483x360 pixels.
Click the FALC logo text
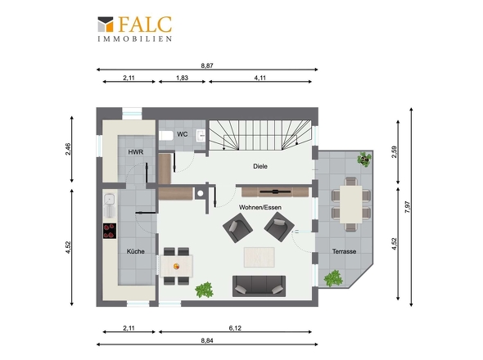pos(145,25)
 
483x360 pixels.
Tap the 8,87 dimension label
pos(207,65)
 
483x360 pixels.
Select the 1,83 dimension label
pos(182,78)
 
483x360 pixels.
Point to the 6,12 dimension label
pos(235,328)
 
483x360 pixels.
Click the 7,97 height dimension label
pos(408,207)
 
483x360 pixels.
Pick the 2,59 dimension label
pos(394,152)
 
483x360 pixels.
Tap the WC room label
pos(182,134)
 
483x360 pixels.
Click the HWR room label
pos(136,152)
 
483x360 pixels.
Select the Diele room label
pos(260,166)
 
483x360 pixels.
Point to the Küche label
pos(136,251)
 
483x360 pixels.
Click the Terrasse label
pos(344,251)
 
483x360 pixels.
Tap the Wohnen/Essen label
pos(260,207)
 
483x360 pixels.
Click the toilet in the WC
pos(166,136)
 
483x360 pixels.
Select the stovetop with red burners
pos(110,231)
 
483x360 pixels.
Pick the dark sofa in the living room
pos(259,286)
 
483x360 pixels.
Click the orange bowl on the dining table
pos(177,267)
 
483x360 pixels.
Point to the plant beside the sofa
pos(204,290)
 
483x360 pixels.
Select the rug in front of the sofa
pos(259,257)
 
